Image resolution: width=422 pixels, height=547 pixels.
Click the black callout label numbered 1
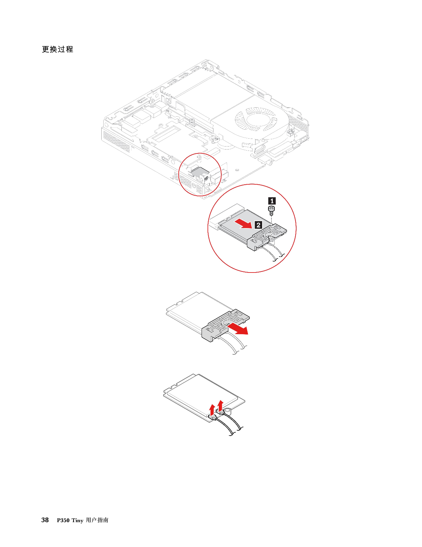pos(272,201)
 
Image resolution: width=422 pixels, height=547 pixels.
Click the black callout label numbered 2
pos(258,225)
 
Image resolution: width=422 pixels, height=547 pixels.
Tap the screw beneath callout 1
pos(271,209)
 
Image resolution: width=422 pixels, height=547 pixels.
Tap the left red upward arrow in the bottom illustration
pos(212,409)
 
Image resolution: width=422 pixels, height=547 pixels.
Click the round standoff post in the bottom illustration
pos(228,412)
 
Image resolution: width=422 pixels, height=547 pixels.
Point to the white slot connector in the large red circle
pos(225,215)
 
